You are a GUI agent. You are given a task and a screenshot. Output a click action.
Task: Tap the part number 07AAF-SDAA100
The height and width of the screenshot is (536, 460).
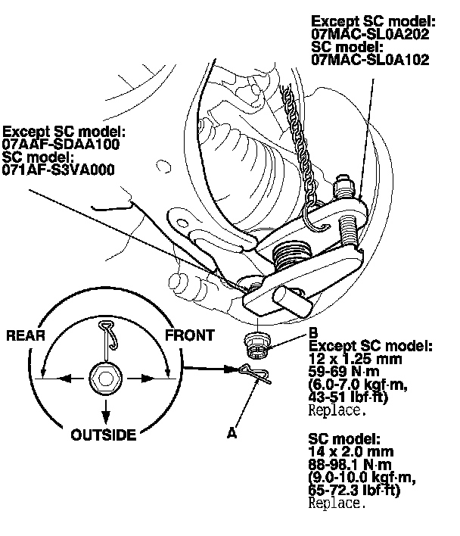pyautogui.click(x=61, y=144)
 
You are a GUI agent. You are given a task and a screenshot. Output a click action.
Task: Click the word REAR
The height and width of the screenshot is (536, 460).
pyautogui.click(x=26, y=335)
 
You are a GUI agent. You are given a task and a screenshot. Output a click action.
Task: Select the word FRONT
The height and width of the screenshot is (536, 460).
pyautogui.click(x=188, y=335)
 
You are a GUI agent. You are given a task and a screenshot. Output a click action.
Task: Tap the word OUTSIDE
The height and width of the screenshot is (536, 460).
pyautogui.click(x=104, y=435)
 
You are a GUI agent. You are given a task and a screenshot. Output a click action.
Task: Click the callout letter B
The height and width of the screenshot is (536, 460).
pyautogui.click(x=313, y=332)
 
